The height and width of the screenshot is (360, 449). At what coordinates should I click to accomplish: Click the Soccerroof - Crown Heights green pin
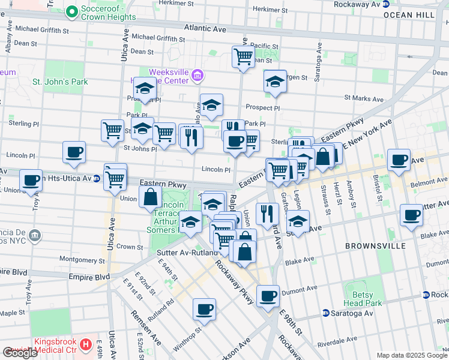tap(71, 11)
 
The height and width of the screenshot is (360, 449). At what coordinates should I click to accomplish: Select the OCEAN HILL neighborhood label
tap(406, 14)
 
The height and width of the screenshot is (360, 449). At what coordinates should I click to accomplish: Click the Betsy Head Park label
tap(363, 299)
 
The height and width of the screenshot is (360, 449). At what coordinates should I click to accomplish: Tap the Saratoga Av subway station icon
tap(325, 313)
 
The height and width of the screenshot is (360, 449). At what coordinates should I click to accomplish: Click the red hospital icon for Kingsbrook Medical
tap(86, 344)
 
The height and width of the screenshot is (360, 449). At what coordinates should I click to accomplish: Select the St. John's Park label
tap(60, 82)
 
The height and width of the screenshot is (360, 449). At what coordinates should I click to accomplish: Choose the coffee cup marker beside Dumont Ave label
tap(268, 295)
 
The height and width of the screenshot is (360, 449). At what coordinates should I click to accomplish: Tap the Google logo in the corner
tap(20, 353)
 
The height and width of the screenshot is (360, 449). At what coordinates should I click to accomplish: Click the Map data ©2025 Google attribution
tap(411, 355)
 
